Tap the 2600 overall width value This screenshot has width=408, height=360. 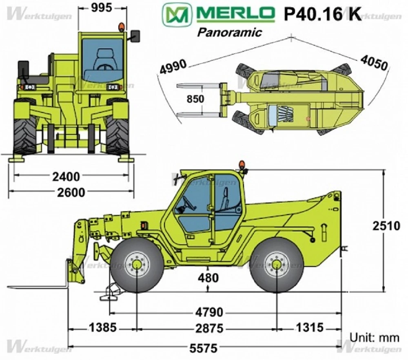click(x=71, y=192)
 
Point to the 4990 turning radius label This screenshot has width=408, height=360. click(x=173, y=67)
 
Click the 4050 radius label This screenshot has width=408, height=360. click(x=373, y=63)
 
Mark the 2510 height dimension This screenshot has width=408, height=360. click(x=386, y=225)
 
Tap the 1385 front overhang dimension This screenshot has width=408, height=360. click(x=102, y=327)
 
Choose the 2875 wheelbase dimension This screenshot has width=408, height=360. click(x=208, y=328)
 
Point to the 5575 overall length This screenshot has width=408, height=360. click(x=204, y=348)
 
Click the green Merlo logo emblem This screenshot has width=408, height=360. click(x=177, y=14)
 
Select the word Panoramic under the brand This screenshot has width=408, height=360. click(x=229, y=32)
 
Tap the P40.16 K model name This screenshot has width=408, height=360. click(x=322, y=14)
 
